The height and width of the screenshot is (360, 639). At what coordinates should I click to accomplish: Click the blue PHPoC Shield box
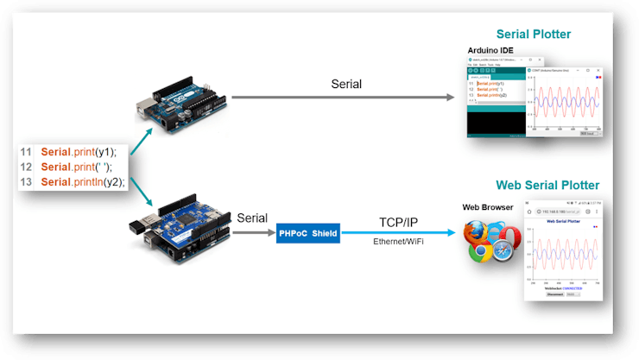(x=308, y=232)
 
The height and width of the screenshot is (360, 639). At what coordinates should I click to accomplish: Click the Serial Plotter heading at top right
(x=534, y=35)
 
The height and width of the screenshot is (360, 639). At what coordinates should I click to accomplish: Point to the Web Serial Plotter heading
(x=547, y=186)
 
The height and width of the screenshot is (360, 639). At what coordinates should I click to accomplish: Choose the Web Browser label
(x=488, y=207)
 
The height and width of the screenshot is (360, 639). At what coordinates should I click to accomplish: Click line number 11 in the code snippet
(x=27, y=151)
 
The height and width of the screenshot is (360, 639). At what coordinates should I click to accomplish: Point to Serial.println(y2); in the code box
(x=83, y=182)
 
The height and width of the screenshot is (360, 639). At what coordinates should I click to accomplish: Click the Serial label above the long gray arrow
(x=346, y=84)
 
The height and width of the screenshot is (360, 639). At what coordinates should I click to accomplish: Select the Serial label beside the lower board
(x=251, y=218)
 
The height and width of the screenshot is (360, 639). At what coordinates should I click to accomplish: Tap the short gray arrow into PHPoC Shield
(x=256, y=232)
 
